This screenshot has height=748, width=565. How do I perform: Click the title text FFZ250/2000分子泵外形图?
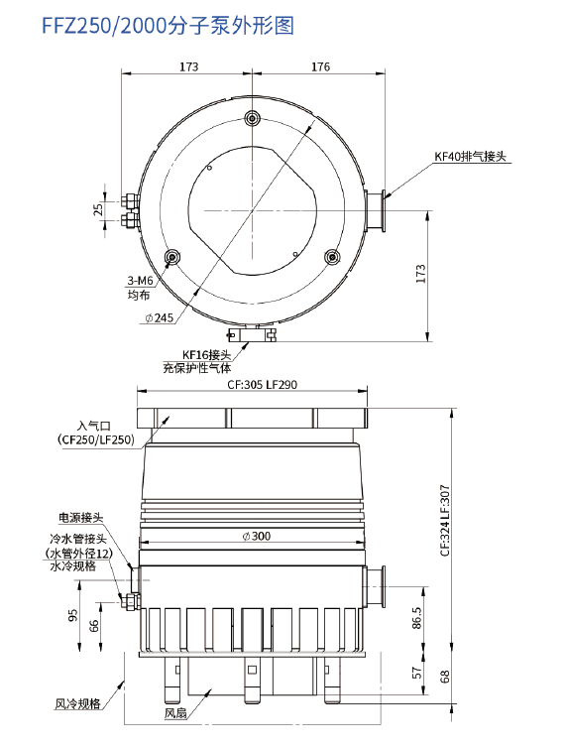coord(168,26)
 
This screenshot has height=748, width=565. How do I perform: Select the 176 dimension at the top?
coord(319,67)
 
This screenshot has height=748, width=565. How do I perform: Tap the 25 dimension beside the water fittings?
coord(98,209)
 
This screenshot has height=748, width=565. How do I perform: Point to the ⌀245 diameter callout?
coord(158,317)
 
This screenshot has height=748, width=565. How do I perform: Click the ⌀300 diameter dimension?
coord(255,536)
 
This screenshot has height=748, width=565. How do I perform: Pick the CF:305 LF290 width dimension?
coord(255,385)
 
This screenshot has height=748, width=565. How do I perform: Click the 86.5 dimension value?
coord(417,617)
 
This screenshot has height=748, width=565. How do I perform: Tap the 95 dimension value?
coord(72,615)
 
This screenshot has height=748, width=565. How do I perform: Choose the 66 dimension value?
coord(94,625)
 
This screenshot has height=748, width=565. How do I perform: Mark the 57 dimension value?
coord(416,674)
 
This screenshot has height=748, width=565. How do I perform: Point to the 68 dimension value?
coord(445,677)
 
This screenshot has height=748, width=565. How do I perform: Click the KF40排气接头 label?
coord(472,157)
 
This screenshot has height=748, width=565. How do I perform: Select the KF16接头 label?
coord(205,354)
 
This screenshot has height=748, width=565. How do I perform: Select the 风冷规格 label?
coord(77,703)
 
